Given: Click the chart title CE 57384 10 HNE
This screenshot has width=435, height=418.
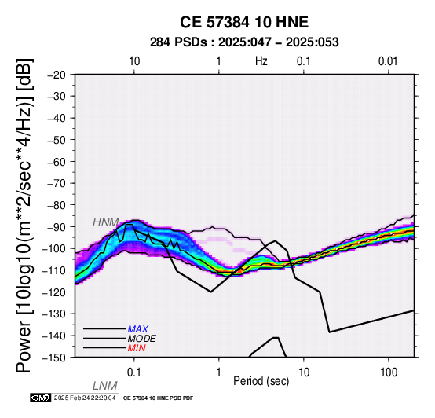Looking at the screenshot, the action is (x=244, y=22).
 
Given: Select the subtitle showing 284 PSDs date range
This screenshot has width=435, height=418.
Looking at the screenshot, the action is (x=244, y=42).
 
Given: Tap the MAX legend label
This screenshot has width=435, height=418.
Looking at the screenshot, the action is (x=137, y=329).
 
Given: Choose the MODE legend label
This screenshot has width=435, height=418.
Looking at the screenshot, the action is (x=142, y=339).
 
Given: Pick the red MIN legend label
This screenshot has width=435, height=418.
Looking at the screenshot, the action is (x=137, y=348).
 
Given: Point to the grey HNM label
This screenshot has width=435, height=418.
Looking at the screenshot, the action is (x=106, y=222).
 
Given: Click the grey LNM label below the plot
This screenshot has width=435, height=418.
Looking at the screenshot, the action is (x=105, y=386).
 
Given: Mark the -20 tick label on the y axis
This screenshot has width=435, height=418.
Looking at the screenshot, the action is (x=57, y=75).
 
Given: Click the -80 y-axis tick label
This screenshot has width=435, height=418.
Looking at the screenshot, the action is (x=57, y=205).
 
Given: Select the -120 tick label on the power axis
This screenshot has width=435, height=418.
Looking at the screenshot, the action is (x=53, y=292).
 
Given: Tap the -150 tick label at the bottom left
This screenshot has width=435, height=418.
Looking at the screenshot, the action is (x=53, y=357).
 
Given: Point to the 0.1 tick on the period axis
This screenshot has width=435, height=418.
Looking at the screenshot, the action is (x=134, y=372).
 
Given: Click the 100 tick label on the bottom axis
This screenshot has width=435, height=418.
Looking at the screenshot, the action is (x=389, y=372).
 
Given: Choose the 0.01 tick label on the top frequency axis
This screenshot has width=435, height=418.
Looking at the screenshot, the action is (x=388, y=61).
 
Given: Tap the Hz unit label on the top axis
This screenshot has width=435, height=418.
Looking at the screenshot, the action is (x=261, y=61).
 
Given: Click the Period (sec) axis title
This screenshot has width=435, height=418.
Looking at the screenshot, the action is (x=261, y=381).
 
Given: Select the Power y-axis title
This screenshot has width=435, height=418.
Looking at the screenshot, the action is (x=24, y=215).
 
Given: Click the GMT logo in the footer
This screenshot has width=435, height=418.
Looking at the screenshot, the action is (x=41, y=398).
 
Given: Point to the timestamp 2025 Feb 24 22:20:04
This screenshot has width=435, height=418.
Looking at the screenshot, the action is (x=85, y=398).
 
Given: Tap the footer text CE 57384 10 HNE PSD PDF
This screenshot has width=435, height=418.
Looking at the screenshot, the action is (x=158, y=398).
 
